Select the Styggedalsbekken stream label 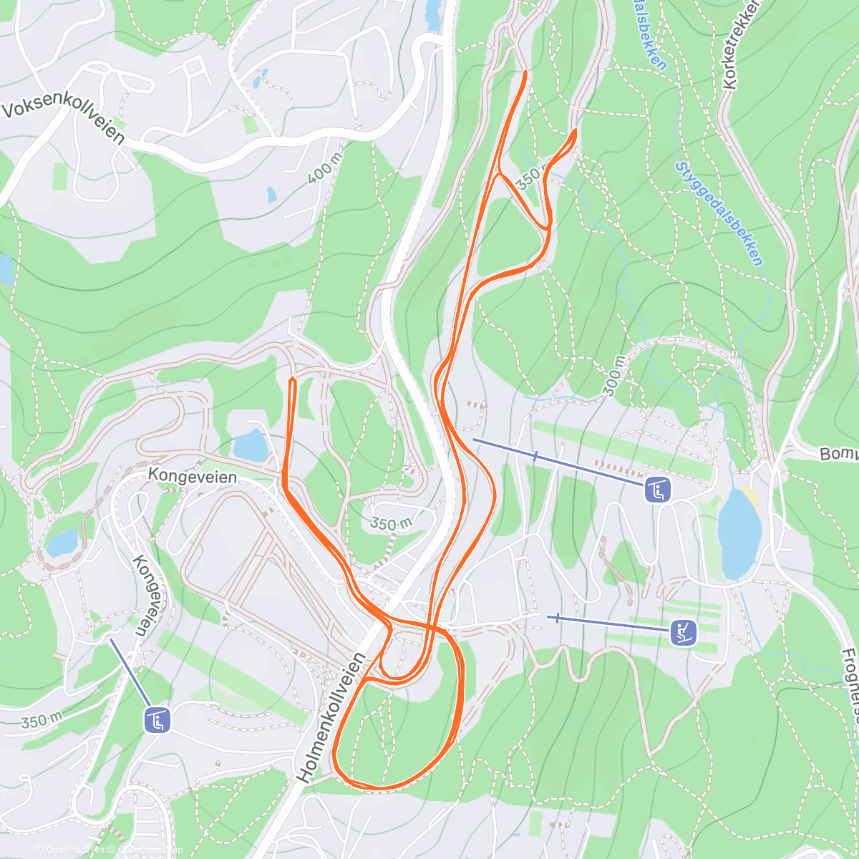(718, 213)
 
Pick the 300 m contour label (615, 375)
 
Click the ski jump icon (683, 632)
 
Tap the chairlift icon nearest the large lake (657, 490)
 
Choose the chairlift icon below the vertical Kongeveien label (157, 720)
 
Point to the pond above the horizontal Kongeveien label (251, 446)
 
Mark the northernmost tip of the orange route (525, 72)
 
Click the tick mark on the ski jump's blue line (557, 617)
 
